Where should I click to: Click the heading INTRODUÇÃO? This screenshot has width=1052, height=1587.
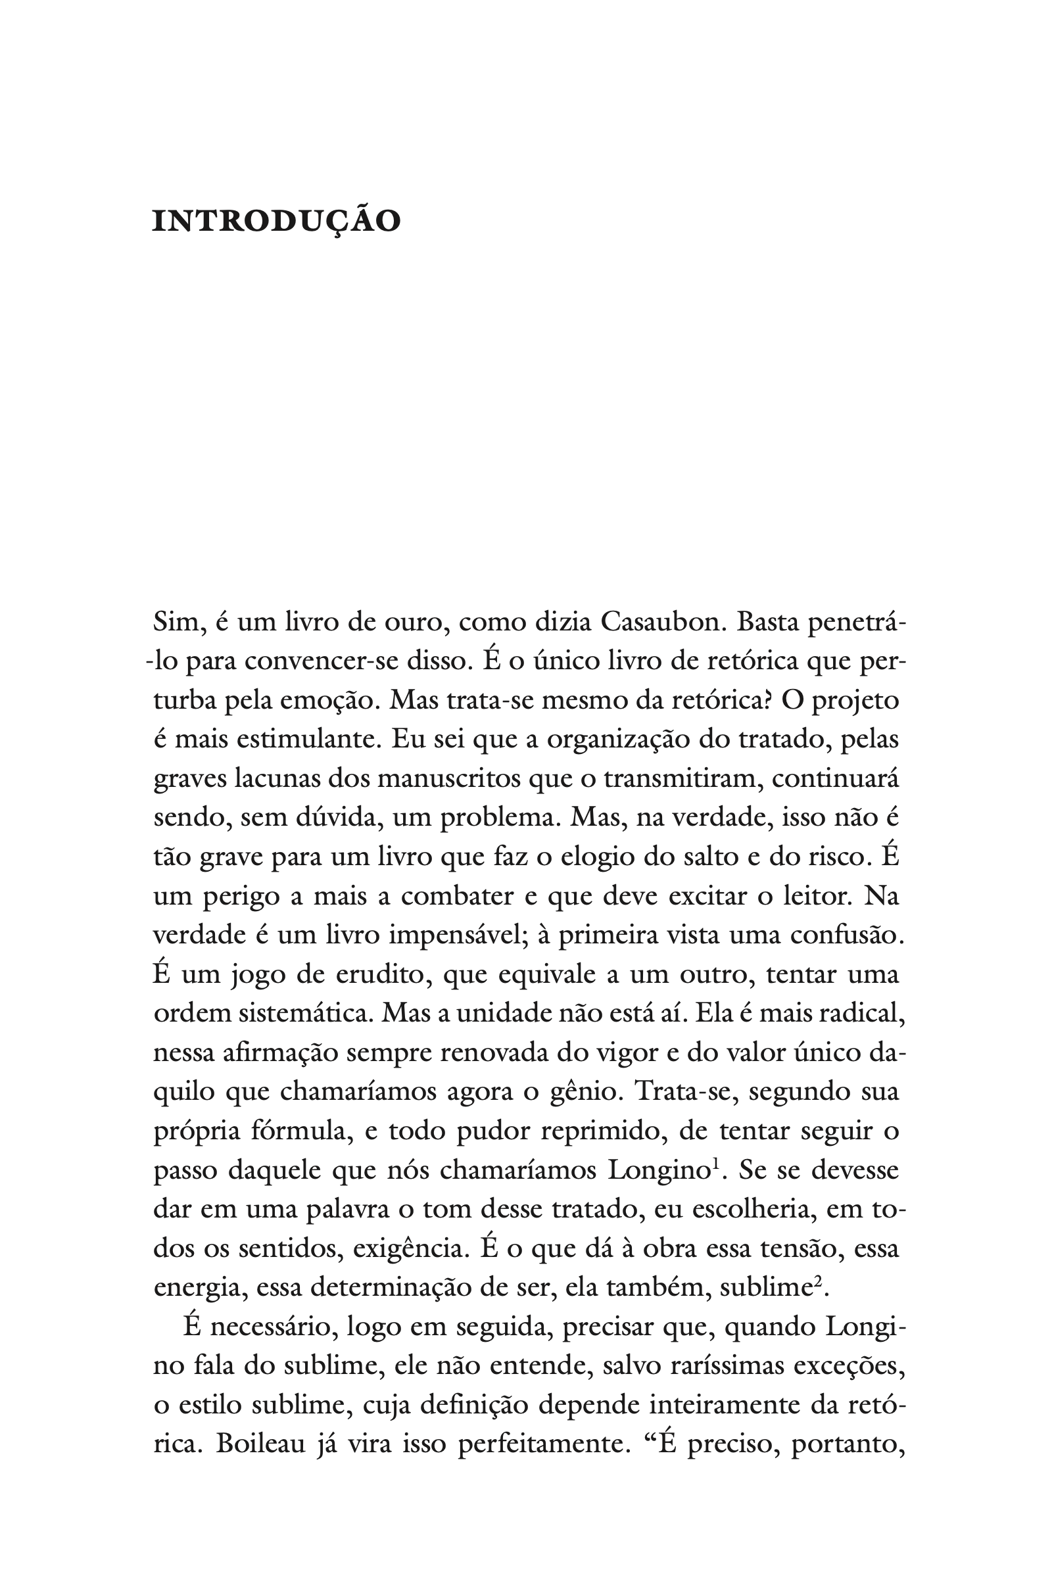(276, 222)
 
